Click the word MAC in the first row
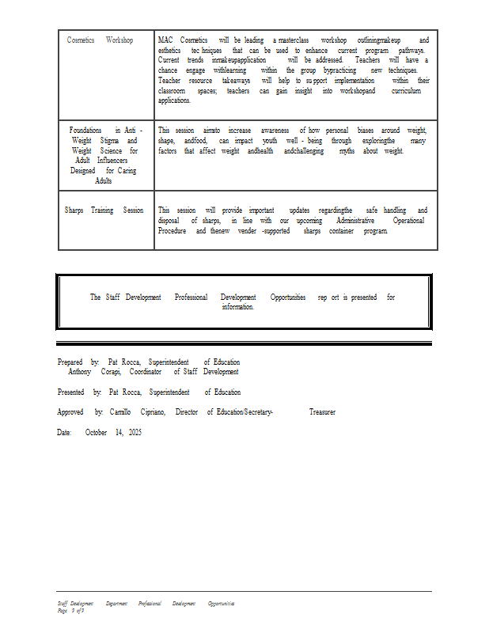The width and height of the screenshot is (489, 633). point(165,40)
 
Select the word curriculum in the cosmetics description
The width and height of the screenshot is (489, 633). point(406,91)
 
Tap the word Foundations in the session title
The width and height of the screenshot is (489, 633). point(85,130)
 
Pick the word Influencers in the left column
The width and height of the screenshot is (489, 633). point(112,161)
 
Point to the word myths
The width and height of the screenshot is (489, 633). point(347,150)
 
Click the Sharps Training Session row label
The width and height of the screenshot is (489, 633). point(104,210)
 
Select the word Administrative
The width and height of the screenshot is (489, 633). point(355,221)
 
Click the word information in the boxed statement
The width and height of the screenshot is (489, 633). point(237,307)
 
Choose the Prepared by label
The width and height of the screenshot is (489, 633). point(78,362)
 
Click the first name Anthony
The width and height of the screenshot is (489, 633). point(79,372)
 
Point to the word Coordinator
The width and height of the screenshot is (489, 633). point(146,372)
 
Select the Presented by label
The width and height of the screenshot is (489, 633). point(79,392)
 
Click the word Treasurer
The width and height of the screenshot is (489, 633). point(322,412)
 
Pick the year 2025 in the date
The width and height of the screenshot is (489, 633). point(135,433)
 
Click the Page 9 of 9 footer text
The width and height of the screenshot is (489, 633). point(71,610)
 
